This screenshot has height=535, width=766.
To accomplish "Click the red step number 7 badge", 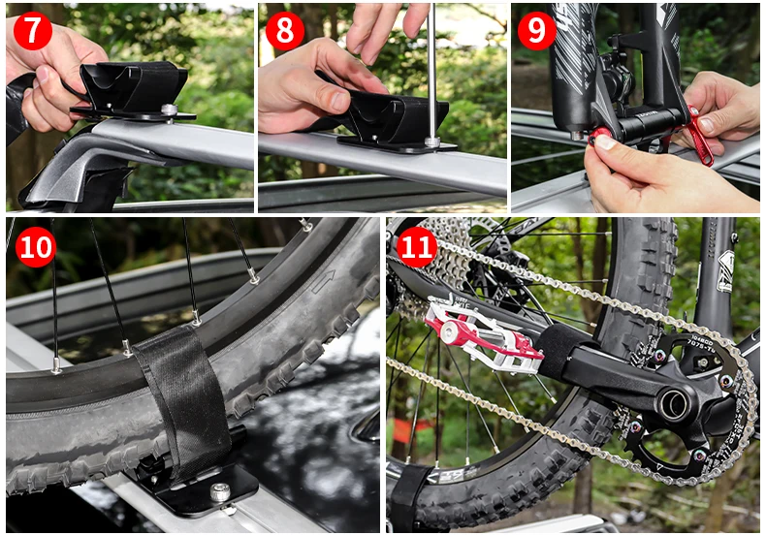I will tap(32, 30).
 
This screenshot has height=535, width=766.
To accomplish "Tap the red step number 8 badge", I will tap(284, 30).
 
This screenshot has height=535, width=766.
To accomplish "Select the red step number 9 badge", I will tap(536, 30).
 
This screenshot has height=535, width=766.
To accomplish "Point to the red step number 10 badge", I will tap(36, 247).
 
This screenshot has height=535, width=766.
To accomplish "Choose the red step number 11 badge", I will tap(416, 247).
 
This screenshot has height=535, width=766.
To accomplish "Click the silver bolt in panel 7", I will tap(168, 111).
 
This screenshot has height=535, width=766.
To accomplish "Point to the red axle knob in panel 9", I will tap(600, 135).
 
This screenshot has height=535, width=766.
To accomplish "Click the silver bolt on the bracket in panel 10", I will tap(221, 492).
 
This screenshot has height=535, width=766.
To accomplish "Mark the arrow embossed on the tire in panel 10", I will tap(323, 281).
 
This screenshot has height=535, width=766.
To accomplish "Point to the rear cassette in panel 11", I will tap(448, 247).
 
